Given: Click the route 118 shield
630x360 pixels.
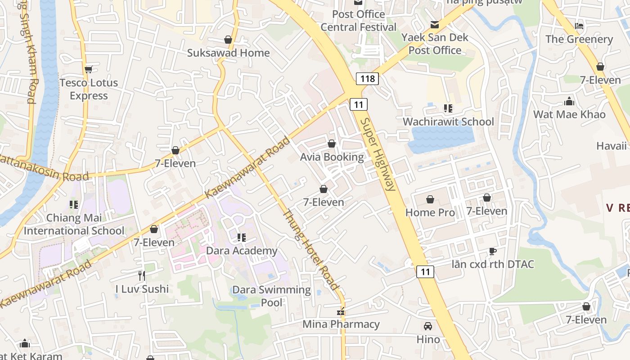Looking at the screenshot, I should point(367,79).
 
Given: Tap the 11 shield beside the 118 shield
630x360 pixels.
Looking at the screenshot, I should point(359,105).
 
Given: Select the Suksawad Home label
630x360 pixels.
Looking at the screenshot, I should point(228,53).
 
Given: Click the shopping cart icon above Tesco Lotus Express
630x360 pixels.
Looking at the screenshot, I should point(89,69).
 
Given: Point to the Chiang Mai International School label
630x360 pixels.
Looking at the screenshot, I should point(74,225).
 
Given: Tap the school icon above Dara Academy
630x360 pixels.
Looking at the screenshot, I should point(242,237).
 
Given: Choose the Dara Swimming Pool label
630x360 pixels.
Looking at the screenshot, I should point(271,296).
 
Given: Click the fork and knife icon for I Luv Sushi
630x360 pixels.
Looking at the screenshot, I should point(142,275).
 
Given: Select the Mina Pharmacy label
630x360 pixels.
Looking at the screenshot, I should point(341,324).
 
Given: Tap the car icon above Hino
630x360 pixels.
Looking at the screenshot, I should point(427,326).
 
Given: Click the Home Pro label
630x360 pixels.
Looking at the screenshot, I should point(430,212).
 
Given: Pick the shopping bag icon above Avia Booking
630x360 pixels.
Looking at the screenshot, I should point(332,144).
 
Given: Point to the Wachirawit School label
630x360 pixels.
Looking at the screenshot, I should point(448,121).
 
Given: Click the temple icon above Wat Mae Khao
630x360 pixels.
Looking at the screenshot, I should point(569,101).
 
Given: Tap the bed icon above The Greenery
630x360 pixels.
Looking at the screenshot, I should point(579,26).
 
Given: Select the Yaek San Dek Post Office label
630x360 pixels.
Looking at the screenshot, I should point(435,44).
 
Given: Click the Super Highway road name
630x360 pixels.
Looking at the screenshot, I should point(378,154).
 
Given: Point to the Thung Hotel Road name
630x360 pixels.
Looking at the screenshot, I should point(310,250).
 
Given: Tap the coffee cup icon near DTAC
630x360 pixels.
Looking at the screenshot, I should point(492,251).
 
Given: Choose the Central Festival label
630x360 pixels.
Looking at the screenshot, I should point(358,27).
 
